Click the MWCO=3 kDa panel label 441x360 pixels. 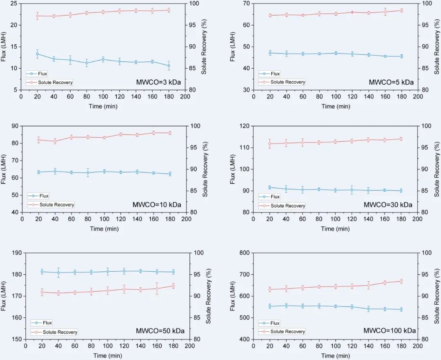point(158,82)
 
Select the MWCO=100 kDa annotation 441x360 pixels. point(390,331)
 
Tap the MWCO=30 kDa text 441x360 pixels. point(388,204)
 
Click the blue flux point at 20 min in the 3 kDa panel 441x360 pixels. point(38,54)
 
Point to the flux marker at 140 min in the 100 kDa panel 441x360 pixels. point(368,309)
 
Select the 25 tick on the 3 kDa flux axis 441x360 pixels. point(14,4)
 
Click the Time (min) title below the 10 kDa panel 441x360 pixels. point(105,229)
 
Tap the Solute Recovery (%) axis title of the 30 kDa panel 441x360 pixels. point(437,169)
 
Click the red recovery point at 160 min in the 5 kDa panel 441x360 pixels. point(385,12)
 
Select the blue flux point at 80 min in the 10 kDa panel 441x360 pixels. point(88,173)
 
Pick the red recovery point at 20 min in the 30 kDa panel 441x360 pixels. point(270,143)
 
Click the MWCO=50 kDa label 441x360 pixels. point(160,331)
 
